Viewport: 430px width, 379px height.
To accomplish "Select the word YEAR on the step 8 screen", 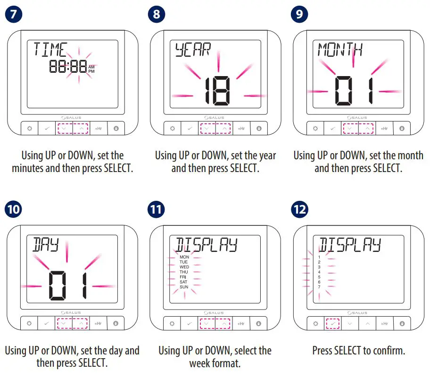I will (x=192, y=50).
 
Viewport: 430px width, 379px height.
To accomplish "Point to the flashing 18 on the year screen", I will (x=217, y=91).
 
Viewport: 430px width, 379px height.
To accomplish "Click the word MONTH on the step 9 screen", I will (x=340, y=49).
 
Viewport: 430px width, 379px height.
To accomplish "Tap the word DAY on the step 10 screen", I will (x=46, y=244).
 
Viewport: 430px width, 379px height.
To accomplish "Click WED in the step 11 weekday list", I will (x=184, y=267).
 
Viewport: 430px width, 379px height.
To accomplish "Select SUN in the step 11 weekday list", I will (x=184, y=287).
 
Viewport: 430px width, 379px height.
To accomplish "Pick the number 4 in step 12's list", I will (x=319, y=272).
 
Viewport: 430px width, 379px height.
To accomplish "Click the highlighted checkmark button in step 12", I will (x=332, y=324).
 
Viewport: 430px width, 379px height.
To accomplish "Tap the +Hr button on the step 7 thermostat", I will (x=98, y=128).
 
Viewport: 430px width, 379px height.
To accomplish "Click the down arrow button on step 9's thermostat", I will (x=349, y=128).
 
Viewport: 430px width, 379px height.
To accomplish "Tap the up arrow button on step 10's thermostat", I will (x=81, y=324).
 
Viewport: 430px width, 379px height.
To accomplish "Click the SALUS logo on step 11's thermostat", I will (x=215, y=312).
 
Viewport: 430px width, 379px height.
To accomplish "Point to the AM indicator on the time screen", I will (x=91, y=67).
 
